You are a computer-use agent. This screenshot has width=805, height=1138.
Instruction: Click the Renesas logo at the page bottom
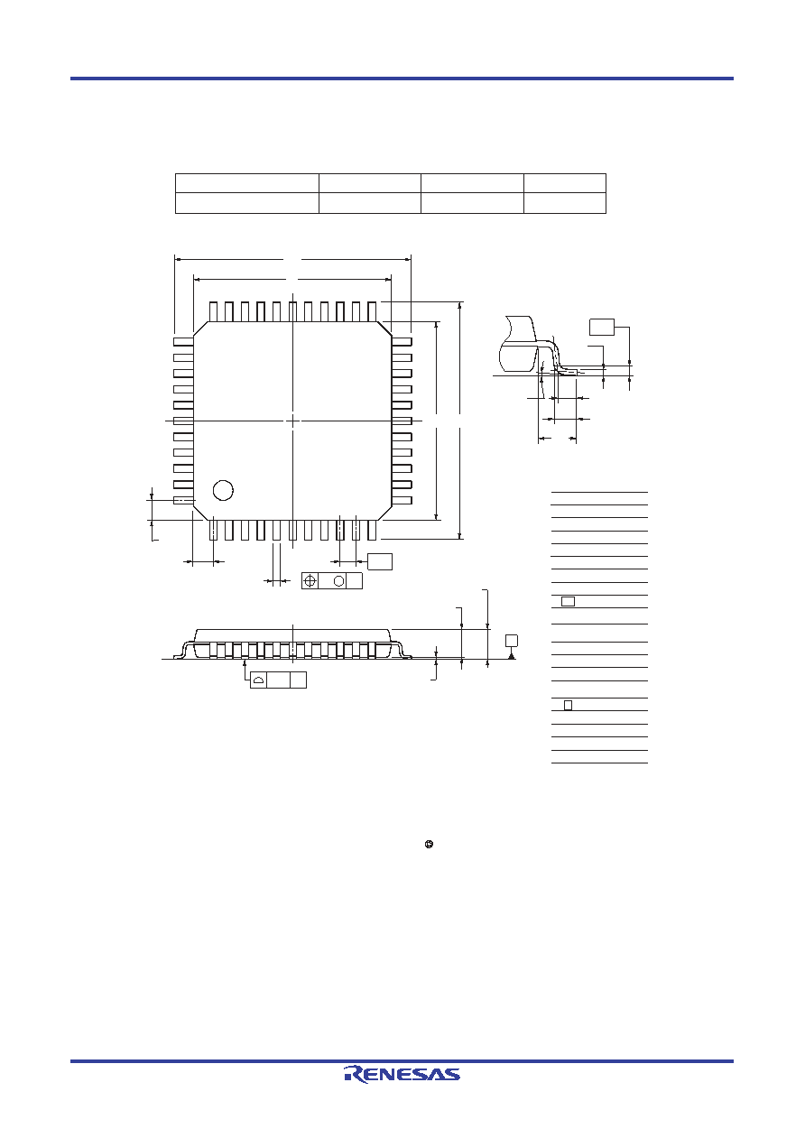[402, 1074]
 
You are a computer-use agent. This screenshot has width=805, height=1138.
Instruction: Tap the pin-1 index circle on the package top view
[223, 490]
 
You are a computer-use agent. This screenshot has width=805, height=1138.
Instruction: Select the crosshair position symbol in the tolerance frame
[310, 580]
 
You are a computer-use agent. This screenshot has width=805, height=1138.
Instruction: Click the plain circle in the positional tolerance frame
[338, 580]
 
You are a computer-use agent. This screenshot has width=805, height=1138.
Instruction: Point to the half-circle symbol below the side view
[258, 680]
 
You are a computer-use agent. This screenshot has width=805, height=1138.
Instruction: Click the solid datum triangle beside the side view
[512, 656]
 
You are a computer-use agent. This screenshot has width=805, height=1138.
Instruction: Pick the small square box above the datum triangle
[512, 640]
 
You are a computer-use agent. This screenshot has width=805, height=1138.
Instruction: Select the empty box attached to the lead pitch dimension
[380, 561]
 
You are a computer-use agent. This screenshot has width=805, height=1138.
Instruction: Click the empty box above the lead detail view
[602, 328]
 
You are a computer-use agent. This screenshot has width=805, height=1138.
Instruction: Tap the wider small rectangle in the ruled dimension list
[568, 602]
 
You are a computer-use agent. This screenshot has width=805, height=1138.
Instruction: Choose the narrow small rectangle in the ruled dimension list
[568, 705]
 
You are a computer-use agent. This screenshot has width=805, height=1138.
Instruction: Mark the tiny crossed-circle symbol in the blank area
[429, 845]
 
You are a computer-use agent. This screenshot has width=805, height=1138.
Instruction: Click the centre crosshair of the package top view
[293, 421]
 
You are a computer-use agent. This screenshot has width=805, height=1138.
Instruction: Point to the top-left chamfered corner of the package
[201, 328]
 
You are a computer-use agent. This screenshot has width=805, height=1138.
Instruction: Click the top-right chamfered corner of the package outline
[384, 328]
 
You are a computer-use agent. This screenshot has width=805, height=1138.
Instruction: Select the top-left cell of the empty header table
[247, 183]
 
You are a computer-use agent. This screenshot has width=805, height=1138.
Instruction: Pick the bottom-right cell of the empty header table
[565, 203]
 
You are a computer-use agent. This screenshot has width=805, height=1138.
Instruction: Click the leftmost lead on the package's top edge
[213, 311]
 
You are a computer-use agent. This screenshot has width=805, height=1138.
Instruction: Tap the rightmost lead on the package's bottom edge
[373, 530]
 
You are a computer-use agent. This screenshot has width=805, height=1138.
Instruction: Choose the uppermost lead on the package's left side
[183, 342]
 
